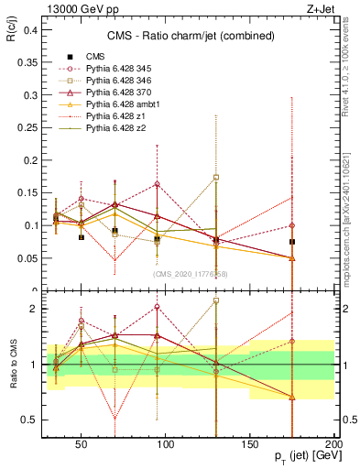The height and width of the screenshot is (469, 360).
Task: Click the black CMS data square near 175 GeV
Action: tap(292, 242)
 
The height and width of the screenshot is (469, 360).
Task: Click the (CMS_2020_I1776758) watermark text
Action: tap(190, 274)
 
